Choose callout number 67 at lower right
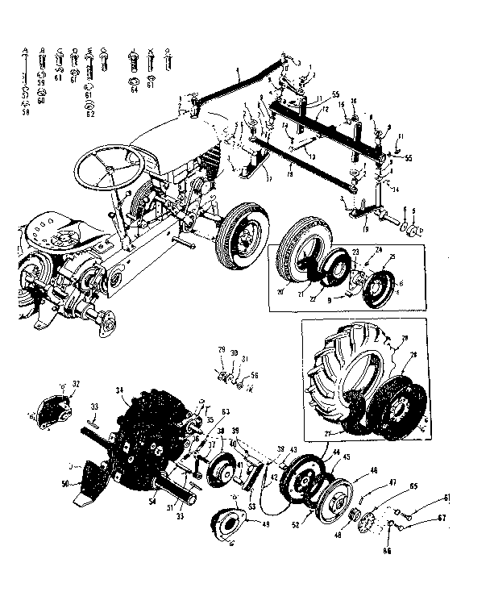[x=442, y=519]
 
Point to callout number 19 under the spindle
[x=364, y=230]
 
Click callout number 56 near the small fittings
[x=255, y=375]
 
